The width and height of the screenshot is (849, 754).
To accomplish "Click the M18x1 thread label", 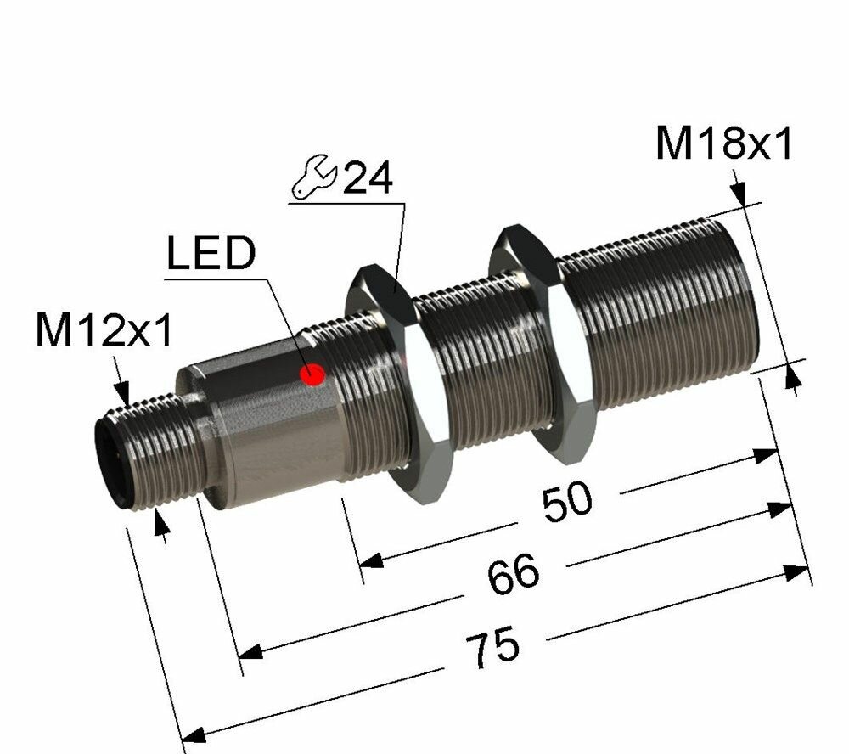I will click(x=723, y=145).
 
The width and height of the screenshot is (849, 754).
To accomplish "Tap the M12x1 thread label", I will click(x=104, y=331).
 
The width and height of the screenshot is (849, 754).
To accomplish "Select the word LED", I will click(x=210, y=254).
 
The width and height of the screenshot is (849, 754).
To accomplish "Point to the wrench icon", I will click(x=314, y=180).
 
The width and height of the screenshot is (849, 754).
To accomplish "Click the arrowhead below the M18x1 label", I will click(x=739, y=196).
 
